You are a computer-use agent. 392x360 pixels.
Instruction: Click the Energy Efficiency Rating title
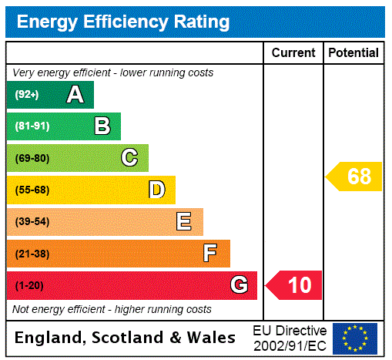pos(123,22)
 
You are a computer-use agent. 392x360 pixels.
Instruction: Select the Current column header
pos(293,52)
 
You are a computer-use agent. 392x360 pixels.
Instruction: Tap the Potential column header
pos(353,52)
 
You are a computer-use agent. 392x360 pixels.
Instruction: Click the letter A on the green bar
pos(75,95)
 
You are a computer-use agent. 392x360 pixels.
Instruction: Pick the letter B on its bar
pos(102,126)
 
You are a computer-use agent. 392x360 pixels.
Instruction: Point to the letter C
pos(129,158)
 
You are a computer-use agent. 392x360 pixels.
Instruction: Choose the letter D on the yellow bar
pos(156,190)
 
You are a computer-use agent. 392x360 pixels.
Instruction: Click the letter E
pos(184,222)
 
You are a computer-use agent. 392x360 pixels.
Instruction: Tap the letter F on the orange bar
pos(209,254)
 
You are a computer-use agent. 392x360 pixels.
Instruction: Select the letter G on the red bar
pos(239,285)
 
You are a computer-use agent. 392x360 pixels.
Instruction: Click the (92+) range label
pos(27,95)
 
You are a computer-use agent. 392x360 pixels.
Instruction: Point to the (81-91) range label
pos(32,126)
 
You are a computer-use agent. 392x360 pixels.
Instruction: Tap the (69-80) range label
pos(32,158)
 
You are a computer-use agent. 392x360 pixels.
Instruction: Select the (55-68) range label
pos(32,190)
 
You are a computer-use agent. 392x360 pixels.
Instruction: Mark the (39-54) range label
pos(32,222)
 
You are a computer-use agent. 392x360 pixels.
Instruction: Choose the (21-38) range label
pos(32,254)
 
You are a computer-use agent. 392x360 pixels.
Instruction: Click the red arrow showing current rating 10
pos(294,285)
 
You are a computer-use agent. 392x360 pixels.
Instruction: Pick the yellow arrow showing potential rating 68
pos(354,177)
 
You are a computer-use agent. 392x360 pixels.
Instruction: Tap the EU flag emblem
pos(355,338)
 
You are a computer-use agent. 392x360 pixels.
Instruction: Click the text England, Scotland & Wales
pos(126,338)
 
